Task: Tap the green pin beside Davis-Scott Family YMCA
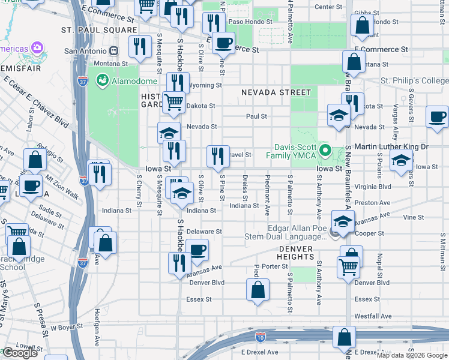pyautogui.click(x=325, y=150)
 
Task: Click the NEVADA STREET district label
pyautogui.click(x=276, y=92)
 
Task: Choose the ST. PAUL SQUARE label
pyautogui.click(x=98, y=29)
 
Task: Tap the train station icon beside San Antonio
pyautogui.click(x=113, y=51)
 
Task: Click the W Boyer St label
pyautogui.click(x=66, y=328)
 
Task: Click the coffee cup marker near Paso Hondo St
pyautogui.click(x=224, y=42)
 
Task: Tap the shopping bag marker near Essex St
pyautogui.click(x=258, y=290)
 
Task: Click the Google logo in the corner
pyautogui.click(x=19, y=353)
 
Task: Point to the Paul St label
pyautogui.click(x=256, y=116)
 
